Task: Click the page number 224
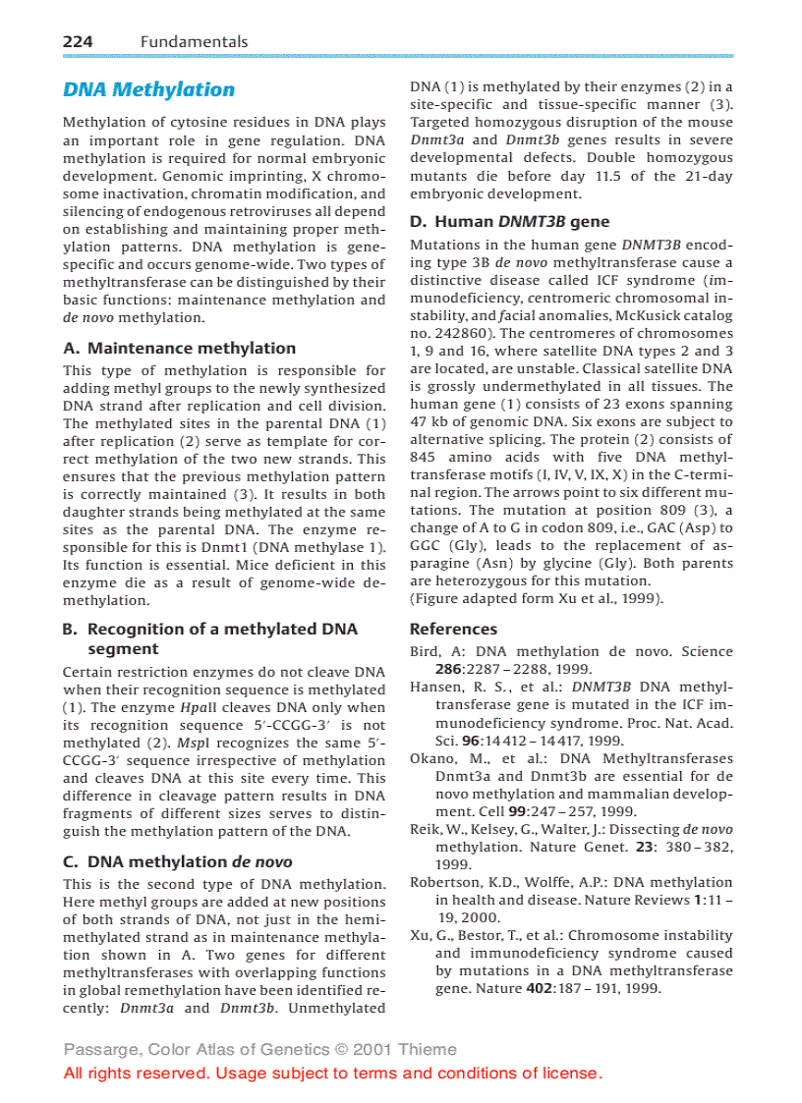click(78, 41)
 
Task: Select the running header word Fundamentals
click(194, 41)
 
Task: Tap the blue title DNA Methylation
click(148, 89)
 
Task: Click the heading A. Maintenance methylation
click(179, 348)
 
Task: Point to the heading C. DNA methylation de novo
click(177, 861)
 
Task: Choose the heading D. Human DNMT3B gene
click(509, 221)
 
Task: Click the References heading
click(453, 629)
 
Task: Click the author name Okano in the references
click(431, 758)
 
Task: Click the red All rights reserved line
click(332, 1073)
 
